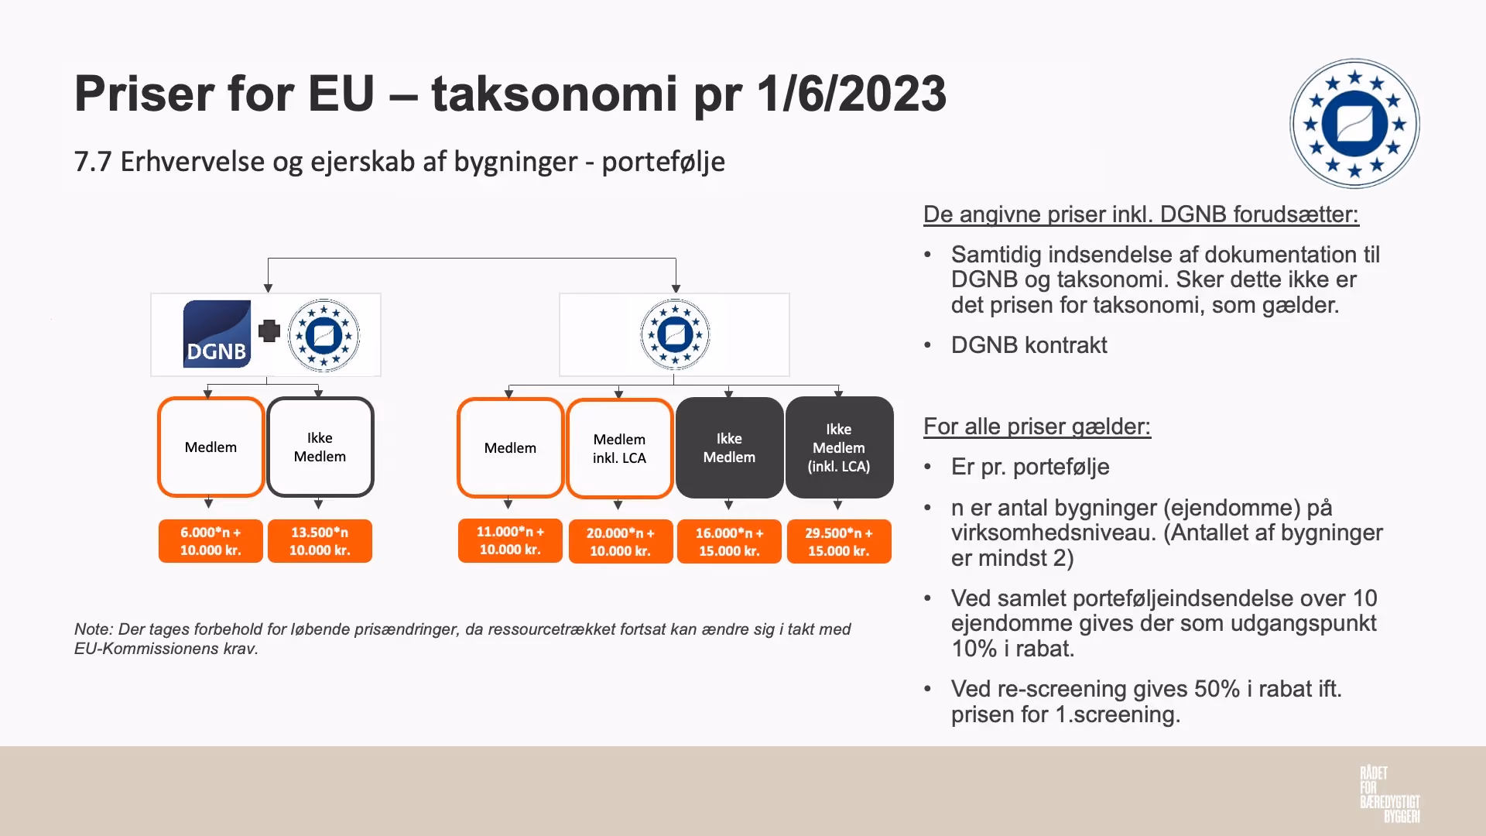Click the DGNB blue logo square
click(x=217, y=334)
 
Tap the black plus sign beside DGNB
click(x=269, y=331)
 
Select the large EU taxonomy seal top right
click(x=1354, y=124)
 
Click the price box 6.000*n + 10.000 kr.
click(x=211, y=541)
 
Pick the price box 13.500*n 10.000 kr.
click(x=320, y=541)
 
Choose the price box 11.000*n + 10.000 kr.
click(x=510, y=540)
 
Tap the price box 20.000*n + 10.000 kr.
click(x=620, y=542)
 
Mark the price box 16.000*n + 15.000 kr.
click(x=729, y=542)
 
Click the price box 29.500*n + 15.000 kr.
click(x=839, y=542)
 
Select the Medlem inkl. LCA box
click(x=619, y=448)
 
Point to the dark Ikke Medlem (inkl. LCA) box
click(x=839, y=447)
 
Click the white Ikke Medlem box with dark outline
click(x=320, y=447)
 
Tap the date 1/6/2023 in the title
click(x=851, y=94)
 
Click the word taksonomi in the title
click(x=554, y=94)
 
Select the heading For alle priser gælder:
click(x=1037, y=427)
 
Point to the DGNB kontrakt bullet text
click(x=1029, y=345)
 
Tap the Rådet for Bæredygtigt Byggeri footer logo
click(x=1389, y=794)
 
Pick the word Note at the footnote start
click(x=92, y=629)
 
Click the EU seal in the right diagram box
click(x=675, y=334)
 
